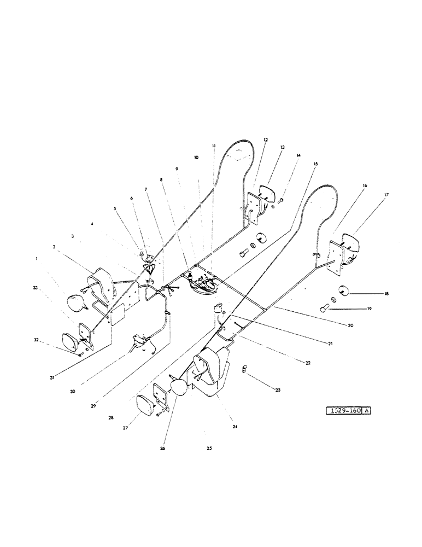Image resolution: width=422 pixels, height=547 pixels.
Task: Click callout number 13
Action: [283, 148]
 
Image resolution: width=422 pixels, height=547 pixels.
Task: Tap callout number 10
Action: [196, 157]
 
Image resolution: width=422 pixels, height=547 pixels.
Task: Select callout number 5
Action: [115, 208]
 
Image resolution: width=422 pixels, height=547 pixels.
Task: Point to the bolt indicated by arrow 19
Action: [324, 309]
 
